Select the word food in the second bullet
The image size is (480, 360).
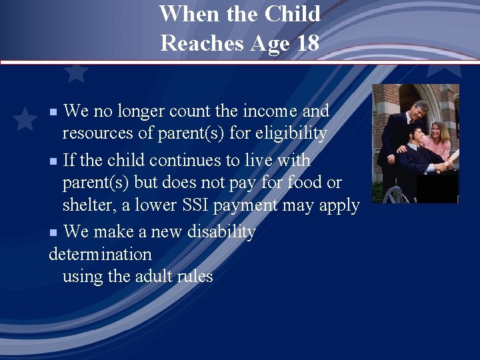point(299,183)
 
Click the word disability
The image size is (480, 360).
point(223,232)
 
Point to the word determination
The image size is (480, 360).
point(100,254)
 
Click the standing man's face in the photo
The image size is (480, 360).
point(419,109)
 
